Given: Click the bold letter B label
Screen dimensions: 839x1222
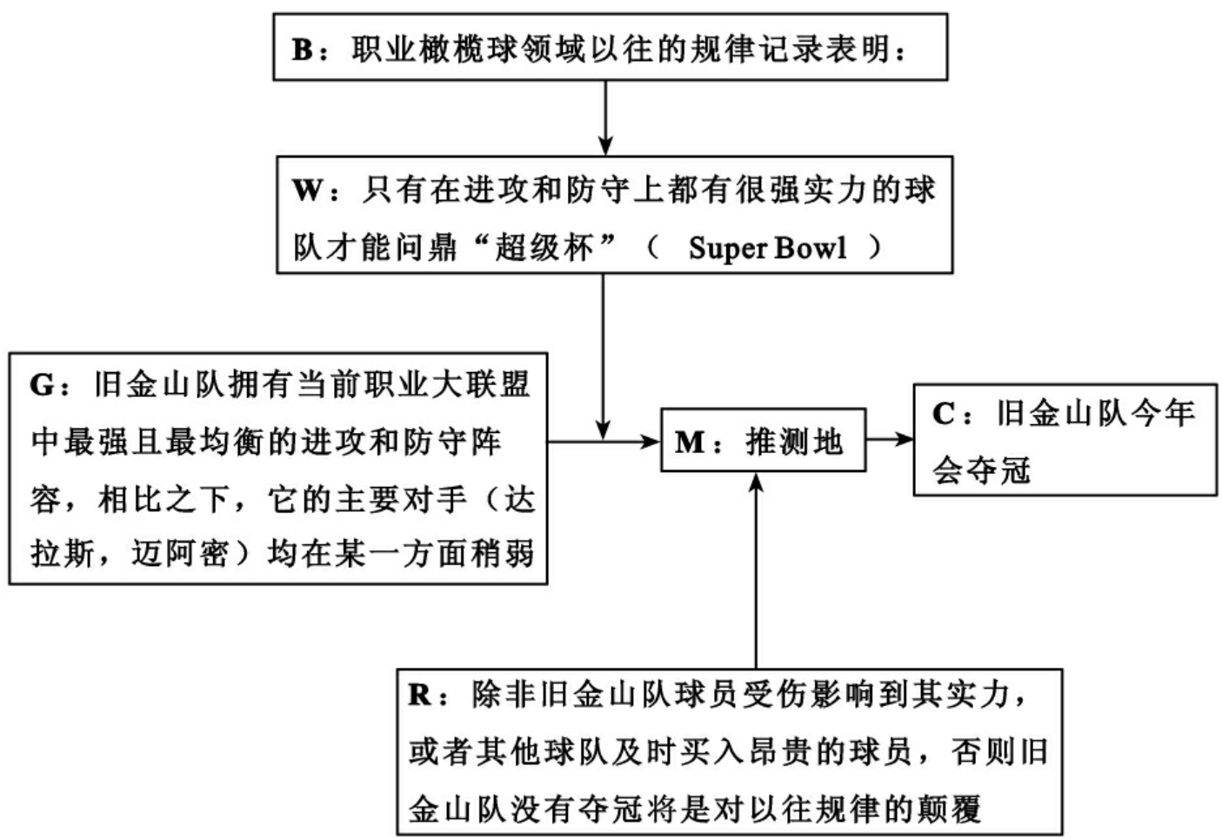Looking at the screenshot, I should pyautogui.click(x=302, y=50).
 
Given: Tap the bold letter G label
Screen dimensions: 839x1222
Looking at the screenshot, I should pyautogui.click(x=42, y=384).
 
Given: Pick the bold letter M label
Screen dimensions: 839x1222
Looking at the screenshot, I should pyautogui.click(x=690, y=442).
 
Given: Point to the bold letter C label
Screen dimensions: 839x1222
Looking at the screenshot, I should pyautogui.click(x=945, y=413).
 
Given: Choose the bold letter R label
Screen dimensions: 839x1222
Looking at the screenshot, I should pyautogui.click(x=421, y=696).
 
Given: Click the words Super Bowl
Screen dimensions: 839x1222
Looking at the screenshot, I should pyautogui.click(x=767, y=248).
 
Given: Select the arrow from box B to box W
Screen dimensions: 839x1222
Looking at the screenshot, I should pyautogui.click(x=604, y=117).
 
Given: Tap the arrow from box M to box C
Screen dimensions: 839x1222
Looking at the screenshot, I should pyautogui.click(x=889, y=440).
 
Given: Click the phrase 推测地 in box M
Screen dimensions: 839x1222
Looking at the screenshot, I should pyautogui.click(x=794, y=442).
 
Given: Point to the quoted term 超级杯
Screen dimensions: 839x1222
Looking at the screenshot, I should pyautogui.click(x=544, y=248).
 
